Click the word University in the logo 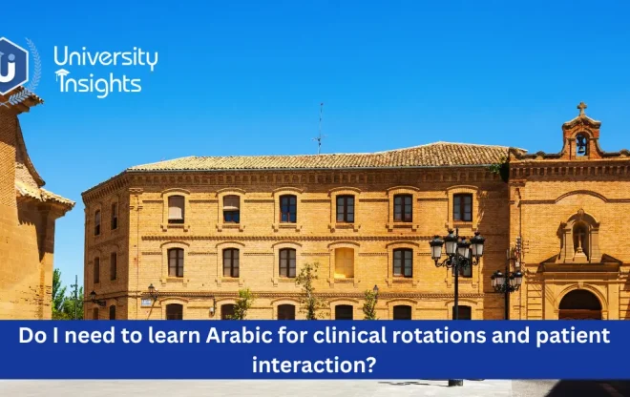point(106,57)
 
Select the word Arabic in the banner point(236,336)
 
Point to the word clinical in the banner point(345,336)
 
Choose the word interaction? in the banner point(314,364)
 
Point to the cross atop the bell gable point(581,109)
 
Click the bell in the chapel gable point(581,144)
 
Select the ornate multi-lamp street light point(456,250)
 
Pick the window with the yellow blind point(344,263)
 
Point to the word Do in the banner point(35,336)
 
